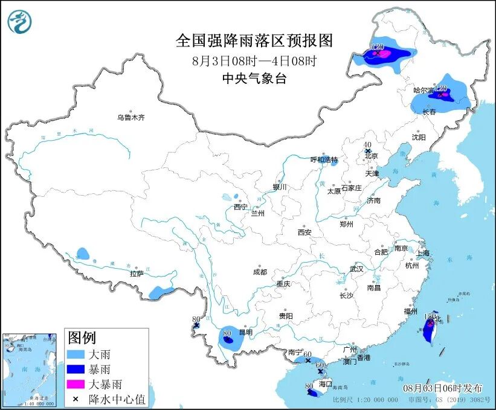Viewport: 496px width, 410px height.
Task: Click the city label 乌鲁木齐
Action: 131,118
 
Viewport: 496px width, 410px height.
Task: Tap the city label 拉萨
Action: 137,274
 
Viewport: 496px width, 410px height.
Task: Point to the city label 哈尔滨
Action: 423,90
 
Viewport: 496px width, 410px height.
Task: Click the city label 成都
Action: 260,272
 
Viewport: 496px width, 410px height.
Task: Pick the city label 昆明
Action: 245,333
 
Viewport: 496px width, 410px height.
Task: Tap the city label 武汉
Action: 357,269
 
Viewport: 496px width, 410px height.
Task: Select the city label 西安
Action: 304,232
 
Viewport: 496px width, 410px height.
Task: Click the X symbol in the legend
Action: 76,398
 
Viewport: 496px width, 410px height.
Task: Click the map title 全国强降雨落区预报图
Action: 254,40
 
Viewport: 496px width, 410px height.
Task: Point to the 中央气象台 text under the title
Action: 254,78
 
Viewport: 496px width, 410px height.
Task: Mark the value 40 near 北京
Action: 367,145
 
